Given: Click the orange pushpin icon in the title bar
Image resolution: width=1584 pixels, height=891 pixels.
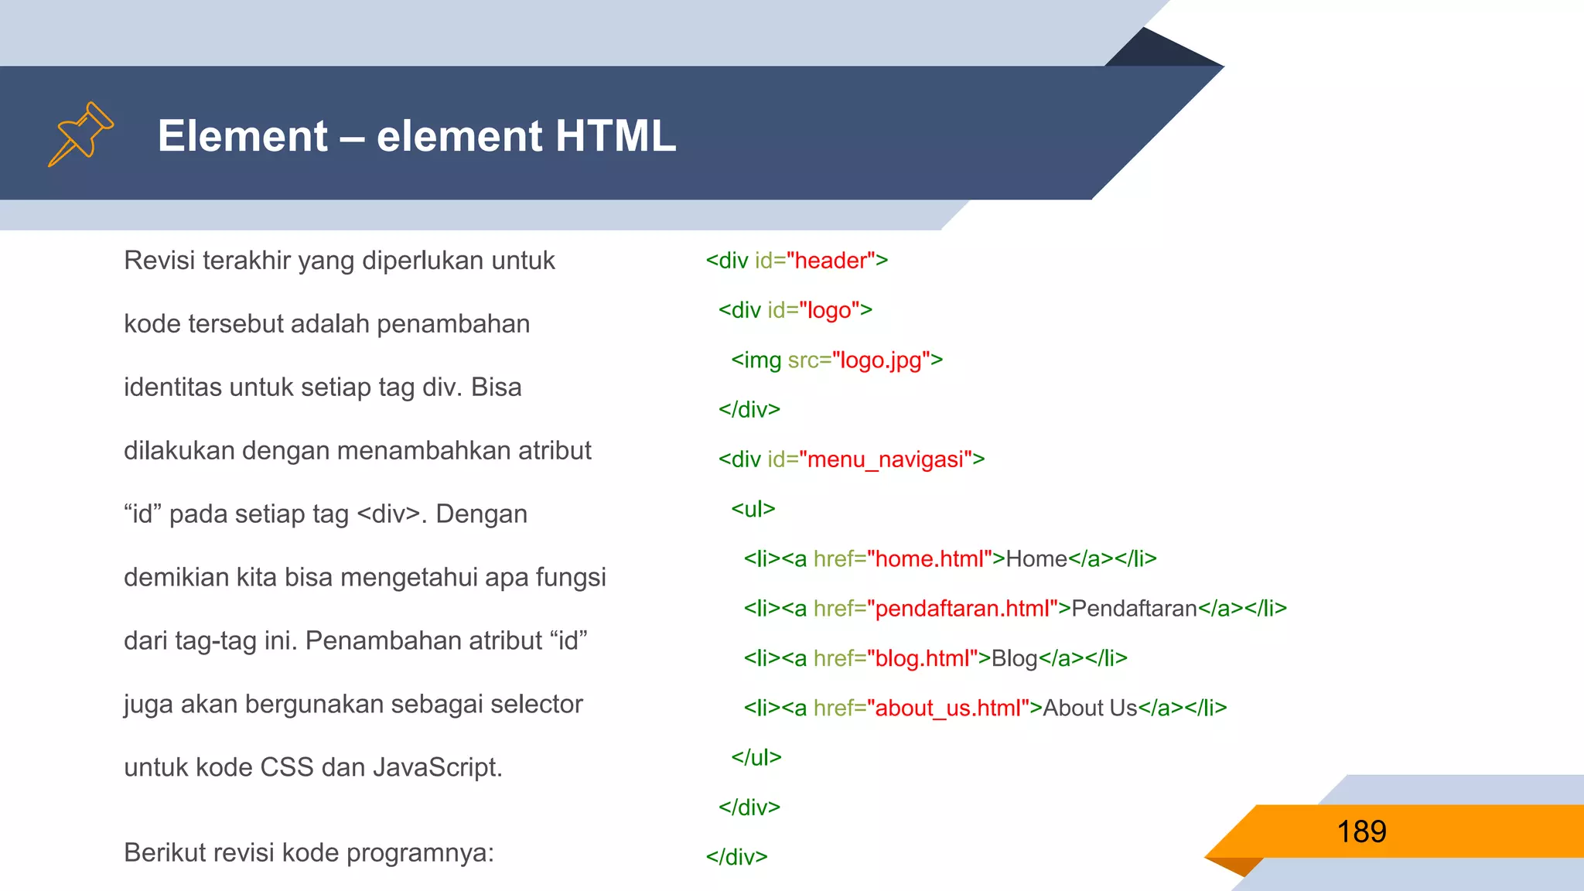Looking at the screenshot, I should (x=81, y=134).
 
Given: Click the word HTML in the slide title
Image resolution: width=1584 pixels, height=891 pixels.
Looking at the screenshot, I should (x=615, y=136).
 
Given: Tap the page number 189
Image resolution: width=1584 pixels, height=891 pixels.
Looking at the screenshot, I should (x=1361, y=831).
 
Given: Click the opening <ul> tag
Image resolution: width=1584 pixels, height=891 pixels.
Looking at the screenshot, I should (x=753, y=509).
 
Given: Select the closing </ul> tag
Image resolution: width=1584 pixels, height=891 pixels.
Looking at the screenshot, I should (x=756, y=757).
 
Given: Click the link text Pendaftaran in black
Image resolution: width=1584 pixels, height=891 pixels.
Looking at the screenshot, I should (x=1134, y=609).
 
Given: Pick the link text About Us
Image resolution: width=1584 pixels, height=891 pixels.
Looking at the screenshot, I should (x=1090, y=708).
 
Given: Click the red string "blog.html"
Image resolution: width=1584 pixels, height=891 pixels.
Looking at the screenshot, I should (x=922, y=658).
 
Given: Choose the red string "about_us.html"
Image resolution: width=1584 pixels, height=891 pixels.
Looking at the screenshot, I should (x=948, y=708).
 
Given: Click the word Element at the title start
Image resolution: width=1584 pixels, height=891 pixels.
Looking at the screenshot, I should (x=243, y=136).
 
